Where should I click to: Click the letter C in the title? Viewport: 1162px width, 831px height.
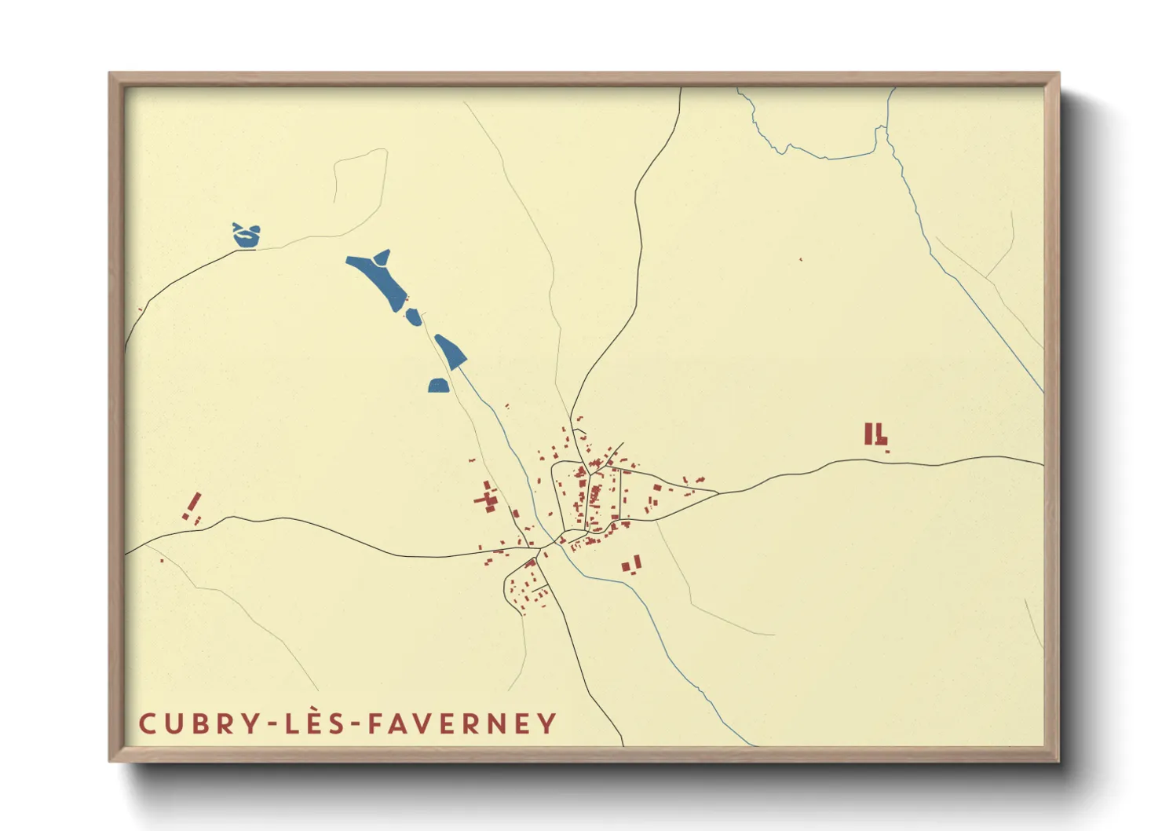(147, 723)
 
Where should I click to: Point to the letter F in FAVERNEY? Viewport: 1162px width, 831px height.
(377, 723)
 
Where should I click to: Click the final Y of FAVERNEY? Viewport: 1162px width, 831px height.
(546, 723)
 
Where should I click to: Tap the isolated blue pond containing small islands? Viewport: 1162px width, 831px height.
(247, 235)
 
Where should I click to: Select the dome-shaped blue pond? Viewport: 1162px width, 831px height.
(438, 385)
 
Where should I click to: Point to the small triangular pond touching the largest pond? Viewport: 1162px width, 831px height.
(382, 257)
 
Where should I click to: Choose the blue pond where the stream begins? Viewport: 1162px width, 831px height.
(451, 350)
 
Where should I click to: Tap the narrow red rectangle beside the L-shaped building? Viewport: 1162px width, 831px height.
(868, 434)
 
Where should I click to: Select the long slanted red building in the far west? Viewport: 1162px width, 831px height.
(193, 502)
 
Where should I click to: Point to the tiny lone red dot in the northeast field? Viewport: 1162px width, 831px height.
(801, 259)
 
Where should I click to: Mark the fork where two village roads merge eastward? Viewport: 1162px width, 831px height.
(718, 493)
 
